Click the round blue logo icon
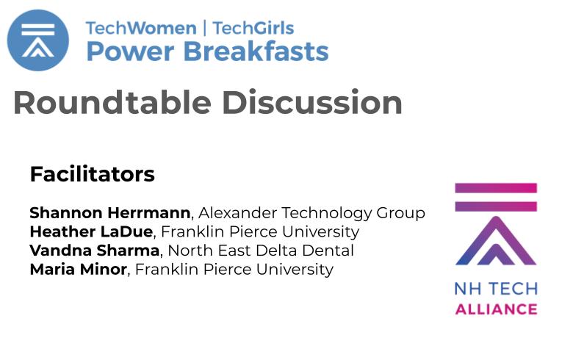pos(38,40)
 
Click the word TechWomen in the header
pos(141,28)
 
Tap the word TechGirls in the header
pos(253,28)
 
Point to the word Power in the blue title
pos(131,51)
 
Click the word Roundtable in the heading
pos(112,103)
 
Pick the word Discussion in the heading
pos(312,103)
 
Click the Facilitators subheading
pos(93,174)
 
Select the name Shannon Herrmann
pos(110,213)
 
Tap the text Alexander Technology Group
pos(311,213)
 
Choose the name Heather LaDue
pos(91,231)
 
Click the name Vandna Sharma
pos(95,251)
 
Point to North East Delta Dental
pos(261,251)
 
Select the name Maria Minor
pos(78,270)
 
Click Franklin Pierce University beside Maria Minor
pos(234,270)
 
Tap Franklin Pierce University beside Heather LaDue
pos(260,232)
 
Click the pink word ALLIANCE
pos(497,309)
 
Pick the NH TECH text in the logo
pos(497,289)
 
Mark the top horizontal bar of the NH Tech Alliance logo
pos(496,188)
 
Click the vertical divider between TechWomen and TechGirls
pos(205,28)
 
